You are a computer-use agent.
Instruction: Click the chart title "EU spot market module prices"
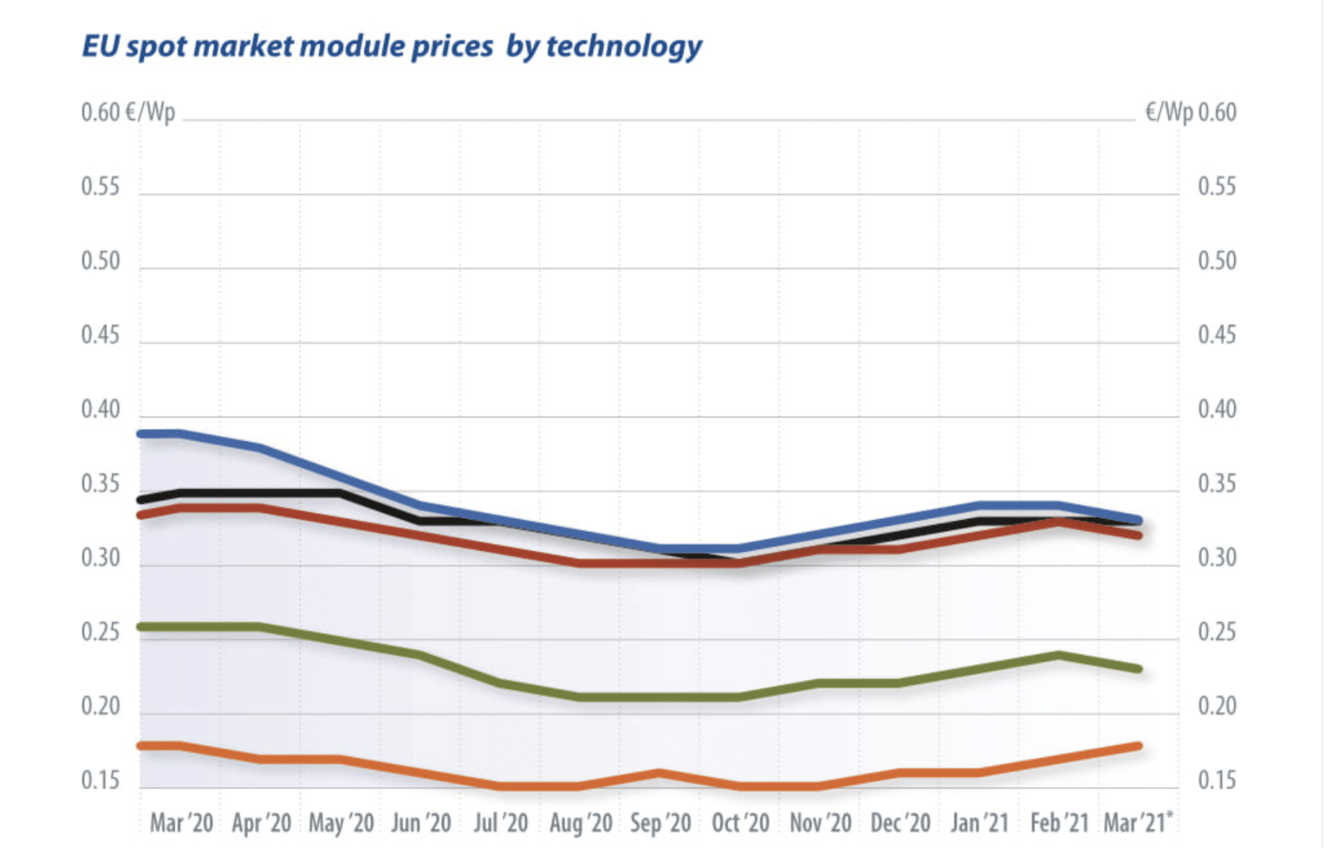click(288, 46)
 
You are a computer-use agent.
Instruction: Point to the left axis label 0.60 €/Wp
click(127, 113)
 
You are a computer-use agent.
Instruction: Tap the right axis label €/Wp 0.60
click(1190, 113)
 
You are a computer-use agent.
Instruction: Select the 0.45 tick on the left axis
click(100, 335)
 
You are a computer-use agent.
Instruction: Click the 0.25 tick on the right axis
click(1216, 632)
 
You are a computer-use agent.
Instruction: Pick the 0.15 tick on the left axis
click(100, 780)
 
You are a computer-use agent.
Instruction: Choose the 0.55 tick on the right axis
click(1216, 187)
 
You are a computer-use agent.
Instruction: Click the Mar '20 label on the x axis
click(181, 823)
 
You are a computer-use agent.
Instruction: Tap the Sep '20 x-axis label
click(660, 823)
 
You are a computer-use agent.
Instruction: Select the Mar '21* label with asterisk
click(1137, 822)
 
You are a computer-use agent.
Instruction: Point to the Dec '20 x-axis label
click(900, 823)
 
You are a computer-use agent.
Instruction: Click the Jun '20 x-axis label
click(420, 823)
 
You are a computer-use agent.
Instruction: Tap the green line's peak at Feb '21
click(1058, 655)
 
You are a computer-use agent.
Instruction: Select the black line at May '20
click(340, 493)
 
